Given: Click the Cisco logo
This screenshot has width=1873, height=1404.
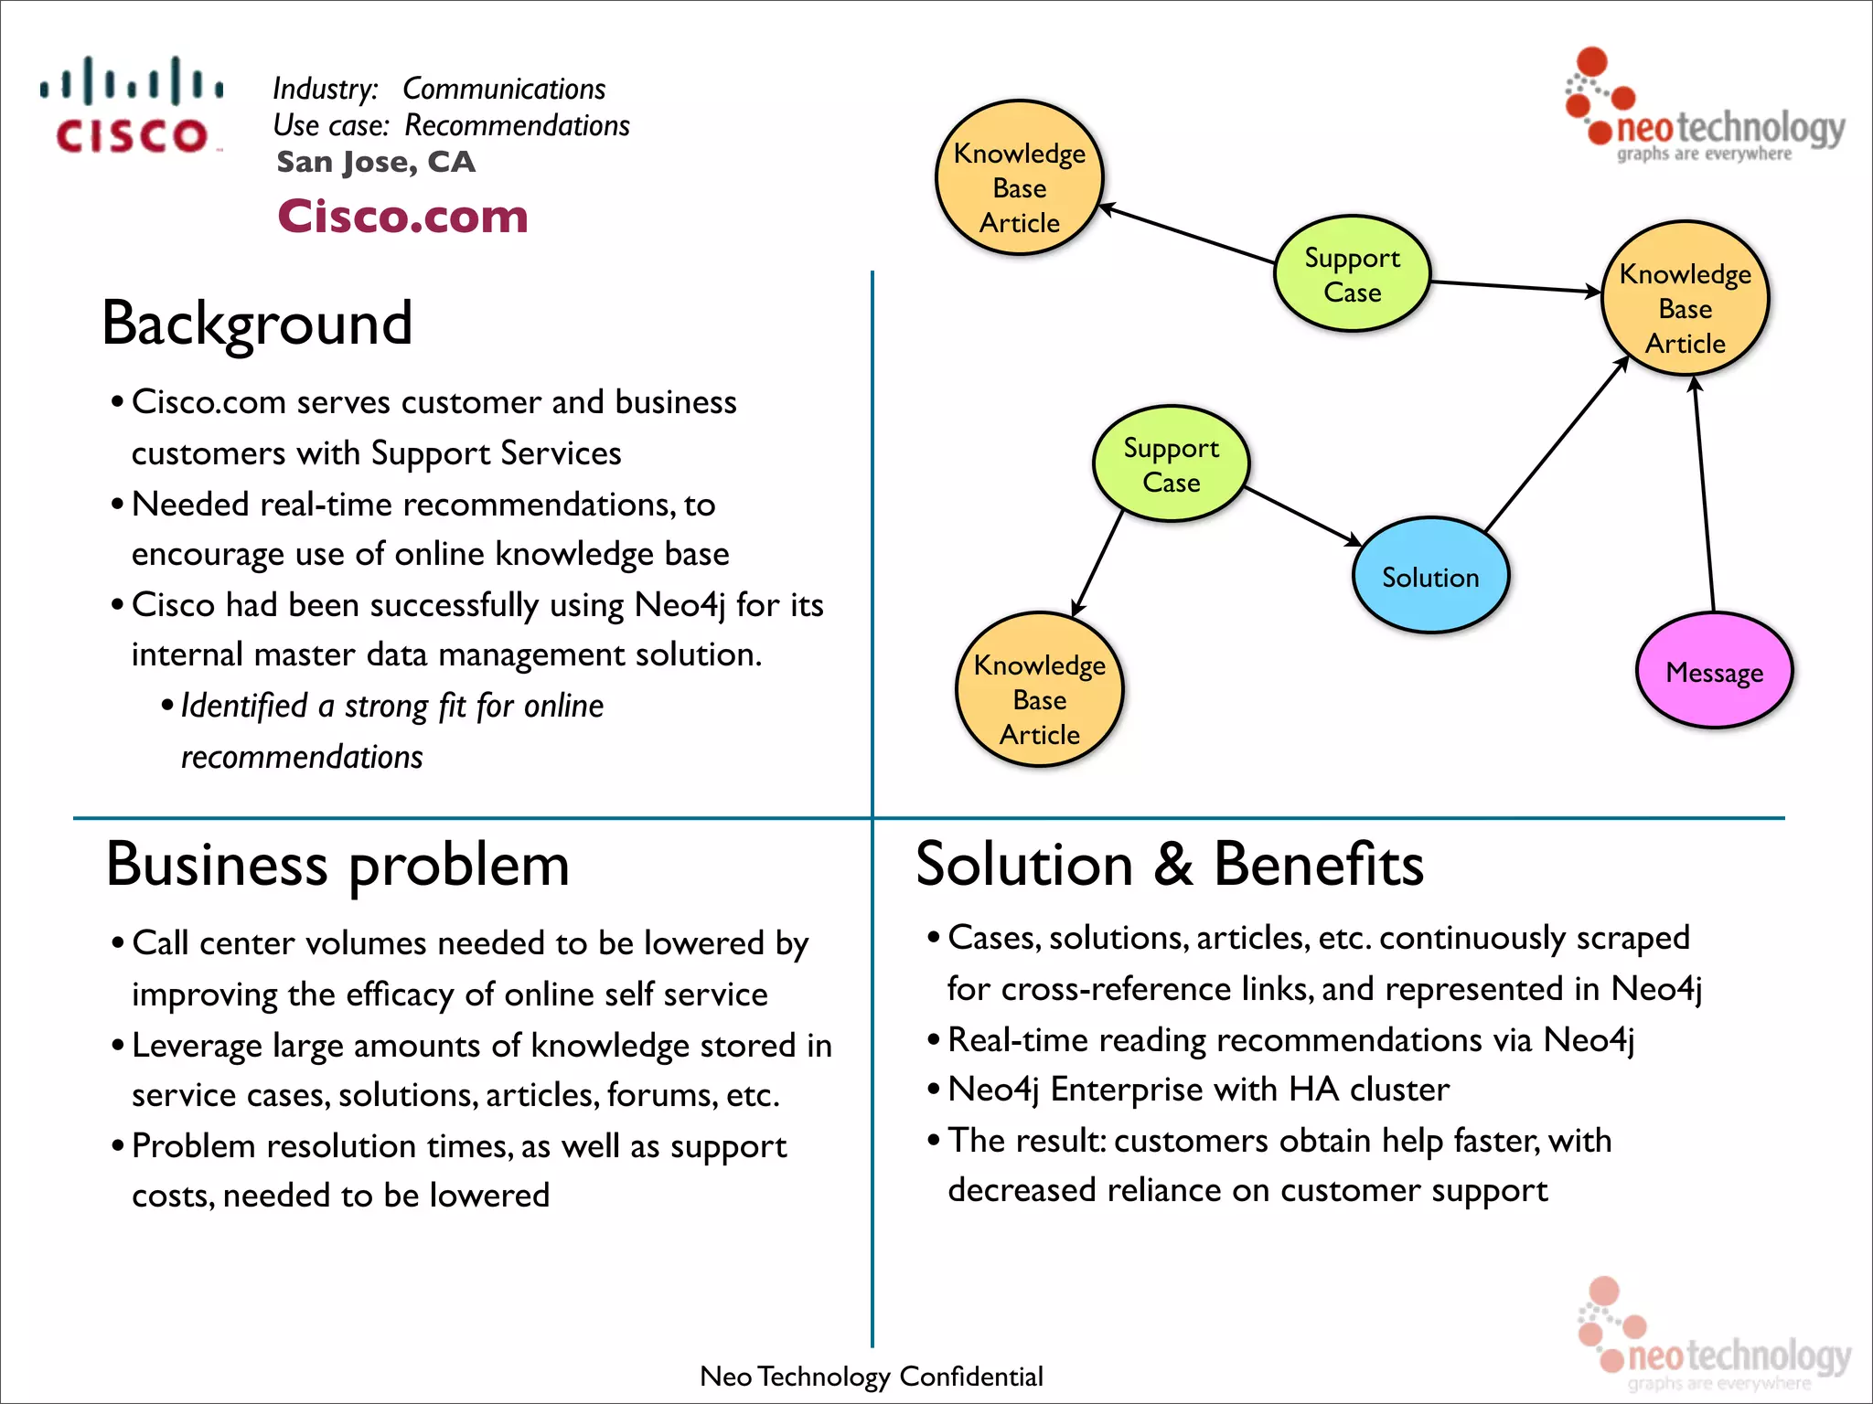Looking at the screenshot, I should (x=131, y=105).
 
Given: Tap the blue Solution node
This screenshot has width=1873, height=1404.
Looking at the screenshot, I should (x=1429, y=576).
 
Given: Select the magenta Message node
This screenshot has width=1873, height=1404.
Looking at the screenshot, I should (x=1714, y=672).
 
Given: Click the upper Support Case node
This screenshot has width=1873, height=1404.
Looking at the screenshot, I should (x=1352, y=274).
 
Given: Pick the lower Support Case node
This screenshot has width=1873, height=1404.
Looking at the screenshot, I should (x=1171, y=464).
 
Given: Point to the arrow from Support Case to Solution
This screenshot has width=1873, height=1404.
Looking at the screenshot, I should (x=1303, y=516).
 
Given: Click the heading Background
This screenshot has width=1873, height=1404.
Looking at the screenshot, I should (x=257, y=324).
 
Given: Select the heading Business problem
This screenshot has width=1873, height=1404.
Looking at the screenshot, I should (x=337, y=865).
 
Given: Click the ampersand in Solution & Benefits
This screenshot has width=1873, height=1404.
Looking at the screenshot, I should (x=1173, y=865).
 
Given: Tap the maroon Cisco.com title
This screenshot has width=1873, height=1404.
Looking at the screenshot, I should (x=402, y=217).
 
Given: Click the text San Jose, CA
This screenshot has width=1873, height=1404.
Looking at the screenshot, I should (x=376, y=162).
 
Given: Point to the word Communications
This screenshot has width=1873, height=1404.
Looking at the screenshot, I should (x=503, y=89).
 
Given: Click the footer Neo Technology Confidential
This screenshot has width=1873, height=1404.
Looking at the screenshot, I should (x=871, y=1376).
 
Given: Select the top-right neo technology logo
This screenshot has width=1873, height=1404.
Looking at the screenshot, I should (x=1706, y=110).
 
